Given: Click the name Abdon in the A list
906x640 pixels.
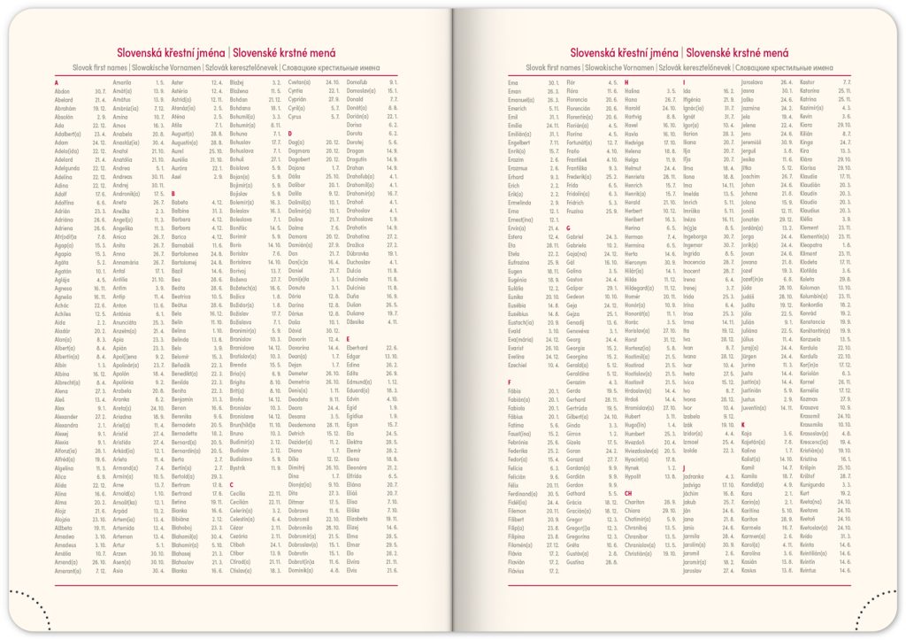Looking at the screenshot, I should (62, 90).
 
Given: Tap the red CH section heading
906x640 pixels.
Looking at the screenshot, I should (628, 493).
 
